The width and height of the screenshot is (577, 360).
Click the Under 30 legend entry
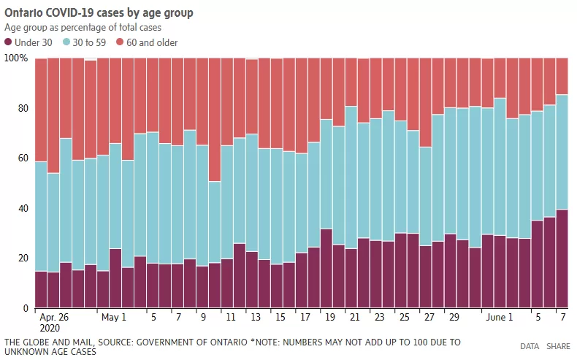pos(28,42)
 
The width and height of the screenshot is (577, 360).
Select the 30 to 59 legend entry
pos(84,42)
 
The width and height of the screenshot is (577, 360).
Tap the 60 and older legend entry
pos(147,42)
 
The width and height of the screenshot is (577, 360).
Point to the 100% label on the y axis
pos(16,58)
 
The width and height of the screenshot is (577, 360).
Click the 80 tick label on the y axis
pos(23,108)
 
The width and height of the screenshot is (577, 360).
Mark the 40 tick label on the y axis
pos(23,208)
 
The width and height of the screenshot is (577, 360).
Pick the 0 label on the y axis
pos(26,308)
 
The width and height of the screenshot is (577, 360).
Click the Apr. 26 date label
pos(54,317)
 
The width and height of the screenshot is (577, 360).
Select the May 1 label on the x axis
pos(114,317)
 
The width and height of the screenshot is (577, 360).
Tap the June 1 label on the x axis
pos(500,317)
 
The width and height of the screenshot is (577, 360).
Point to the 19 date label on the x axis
pos(330,317)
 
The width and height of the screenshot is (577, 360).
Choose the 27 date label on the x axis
pos(429,317)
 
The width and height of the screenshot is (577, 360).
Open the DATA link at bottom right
pos(530,346)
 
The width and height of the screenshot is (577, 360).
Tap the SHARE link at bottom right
pos(558,346)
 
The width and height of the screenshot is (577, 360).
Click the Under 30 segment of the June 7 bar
pos(562,258)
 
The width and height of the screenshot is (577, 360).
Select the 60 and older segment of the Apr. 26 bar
pos(41,110)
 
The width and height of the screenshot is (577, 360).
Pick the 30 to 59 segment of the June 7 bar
pos(562,152)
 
